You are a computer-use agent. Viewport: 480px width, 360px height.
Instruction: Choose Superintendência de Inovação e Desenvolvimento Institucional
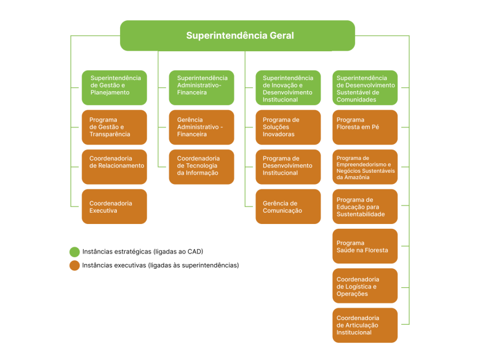pyautogui.click(x=288, y=87)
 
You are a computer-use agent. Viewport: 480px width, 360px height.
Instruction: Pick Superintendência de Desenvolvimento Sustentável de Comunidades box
pyautogui.click(x=365, y=87)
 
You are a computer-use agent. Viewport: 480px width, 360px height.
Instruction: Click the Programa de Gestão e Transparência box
pyautogui.click(x=114, y=127)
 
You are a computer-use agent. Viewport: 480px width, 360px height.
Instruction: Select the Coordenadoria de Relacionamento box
pyautogui.click(x=114, y=166)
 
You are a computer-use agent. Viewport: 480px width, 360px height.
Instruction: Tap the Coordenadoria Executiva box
pyautogui.click(x=114, y=206)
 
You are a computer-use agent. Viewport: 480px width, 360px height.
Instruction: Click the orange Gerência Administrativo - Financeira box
pyautogui.click(x=202, y=127)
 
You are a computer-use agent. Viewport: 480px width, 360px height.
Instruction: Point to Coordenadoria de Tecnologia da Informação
pyautogui.click(x=202, y=166)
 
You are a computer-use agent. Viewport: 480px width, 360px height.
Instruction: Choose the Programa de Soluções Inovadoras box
pyautogui.click(x=288, y=127)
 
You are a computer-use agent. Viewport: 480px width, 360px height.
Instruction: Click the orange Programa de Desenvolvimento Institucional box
pyautogui.click(x=288, y=166)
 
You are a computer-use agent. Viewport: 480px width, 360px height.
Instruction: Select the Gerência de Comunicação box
pyautogui.click(x=288, y=206)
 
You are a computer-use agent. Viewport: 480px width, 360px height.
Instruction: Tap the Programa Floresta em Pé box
pyautogui.click(x=365, y=127)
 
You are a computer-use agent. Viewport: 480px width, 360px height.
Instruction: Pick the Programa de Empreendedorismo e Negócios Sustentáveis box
pyautogui.click(x=365, y=166)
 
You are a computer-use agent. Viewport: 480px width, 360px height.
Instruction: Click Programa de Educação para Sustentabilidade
pyautogui.click(x=365, y=206)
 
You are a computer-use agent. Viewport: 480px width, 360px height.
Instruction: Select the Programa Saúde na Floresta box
pyautogui.click(x=365, y=246)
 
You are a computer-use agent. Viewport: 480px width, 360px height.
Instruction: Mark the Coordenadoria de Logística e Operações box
pyautogui.click(x=365, y=285)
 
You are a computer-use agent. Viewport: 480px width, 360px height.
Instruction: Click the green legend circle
pyautogui.click(x=75, y=252)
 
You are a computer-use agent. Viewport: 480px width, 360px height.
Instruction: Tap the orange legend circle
pyautogui.click(x=75, y=266)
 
